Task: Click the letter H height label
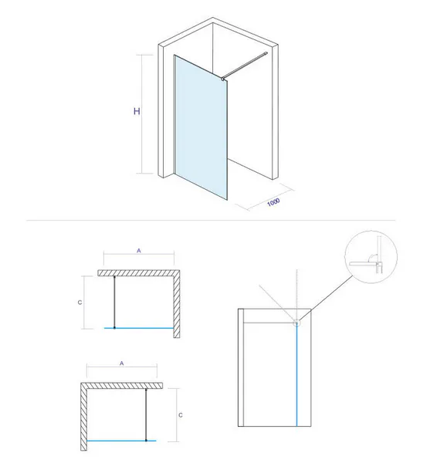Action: (137, 111)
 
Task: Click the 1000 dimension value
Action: (273, 202)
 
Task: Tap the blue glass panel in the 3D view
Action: (201, 127)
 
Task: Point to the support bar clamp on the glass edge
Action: (222, 79)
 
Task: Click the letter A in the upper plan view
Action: (139, 251)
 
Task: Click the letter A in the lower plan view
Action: (122, 363)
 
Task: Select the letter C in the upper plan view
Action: (80, 302)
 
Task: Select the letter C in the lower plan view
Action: (181, 415)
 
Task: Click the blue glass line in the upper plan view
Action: (139, 328)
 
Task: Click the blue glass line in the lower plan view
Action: (122, 441)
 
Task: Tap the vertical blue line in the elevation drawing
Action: (296, 375)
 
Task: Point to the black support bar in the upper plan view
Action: (114, 302)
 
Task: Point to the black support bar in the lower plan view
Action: (146, 414)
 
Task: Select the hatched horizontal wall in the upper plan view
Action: (139, 273)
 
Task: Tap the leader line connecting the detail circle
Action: (326, 298)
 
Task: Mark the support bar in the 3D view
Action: (245, 66)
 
